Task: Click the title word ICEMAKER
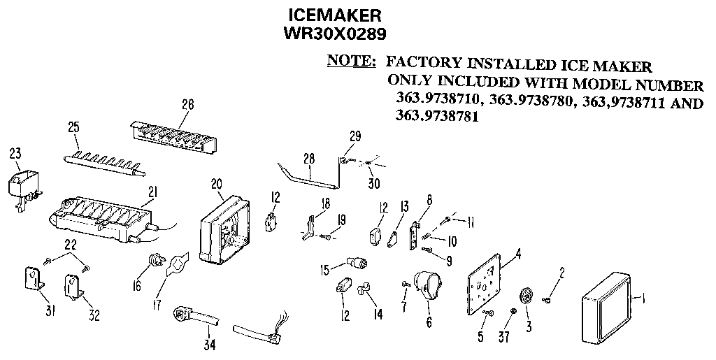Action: (335, 15)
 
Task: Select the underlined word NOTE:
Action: (351, 61)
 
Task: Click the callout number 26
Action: (187, 105)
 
